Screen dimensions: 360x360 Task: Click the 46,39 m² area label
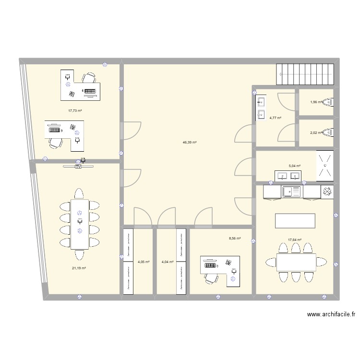tap(189, 143)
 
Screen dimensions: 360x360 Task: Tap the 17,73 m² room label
tap(74, 110)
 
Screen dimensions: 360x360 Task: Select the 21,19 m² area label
tap(79, 268)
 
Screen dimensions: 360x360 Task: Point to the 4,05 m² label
tap(144, 262)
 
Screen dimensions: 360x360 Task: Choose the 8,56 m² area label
tap(234, 238)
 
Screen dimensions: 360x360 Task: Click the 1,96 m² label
tap(316, 102)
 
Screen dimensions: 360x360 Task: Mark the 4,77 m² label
tap(275, 118)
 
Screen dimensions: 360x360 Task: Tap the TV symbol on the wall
tap(79, 167)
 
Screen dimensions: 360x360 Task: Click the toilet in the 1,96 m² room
tap(329, 101)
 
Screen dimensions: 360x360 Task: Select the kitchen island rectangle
tap(295, 221)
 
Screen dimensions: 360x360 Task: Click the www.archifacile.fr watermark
tap(330, 315)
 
